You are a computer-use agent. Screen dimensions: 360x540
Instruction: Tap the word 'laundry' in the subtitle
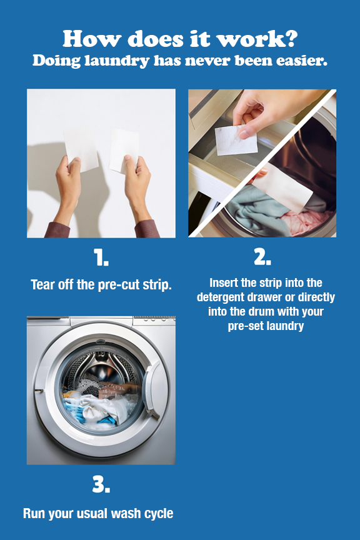pyautogui.click(x=117, y=61)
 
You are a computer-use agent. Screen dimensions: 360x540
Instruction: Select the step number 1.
pyautogui.click(x=101, y=257)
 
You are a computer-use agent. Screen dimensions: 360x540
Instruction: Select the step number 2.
pyautogui.click(x=262, y=257)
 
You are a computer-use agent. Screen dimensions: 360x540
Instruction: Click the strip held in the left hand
pyautogui.click(x=81, y=146)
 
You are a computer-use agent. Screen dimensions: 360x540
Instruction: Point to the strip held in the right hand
pyautogui.click(x=124, y=150)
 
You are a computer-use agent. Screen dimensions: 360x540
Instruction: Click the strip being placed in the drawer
pyautogui.click(x=236, y=140)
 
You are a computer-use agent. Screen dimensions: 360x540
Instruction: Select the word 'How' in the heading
pyautogui.click(x=91, y=38)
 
